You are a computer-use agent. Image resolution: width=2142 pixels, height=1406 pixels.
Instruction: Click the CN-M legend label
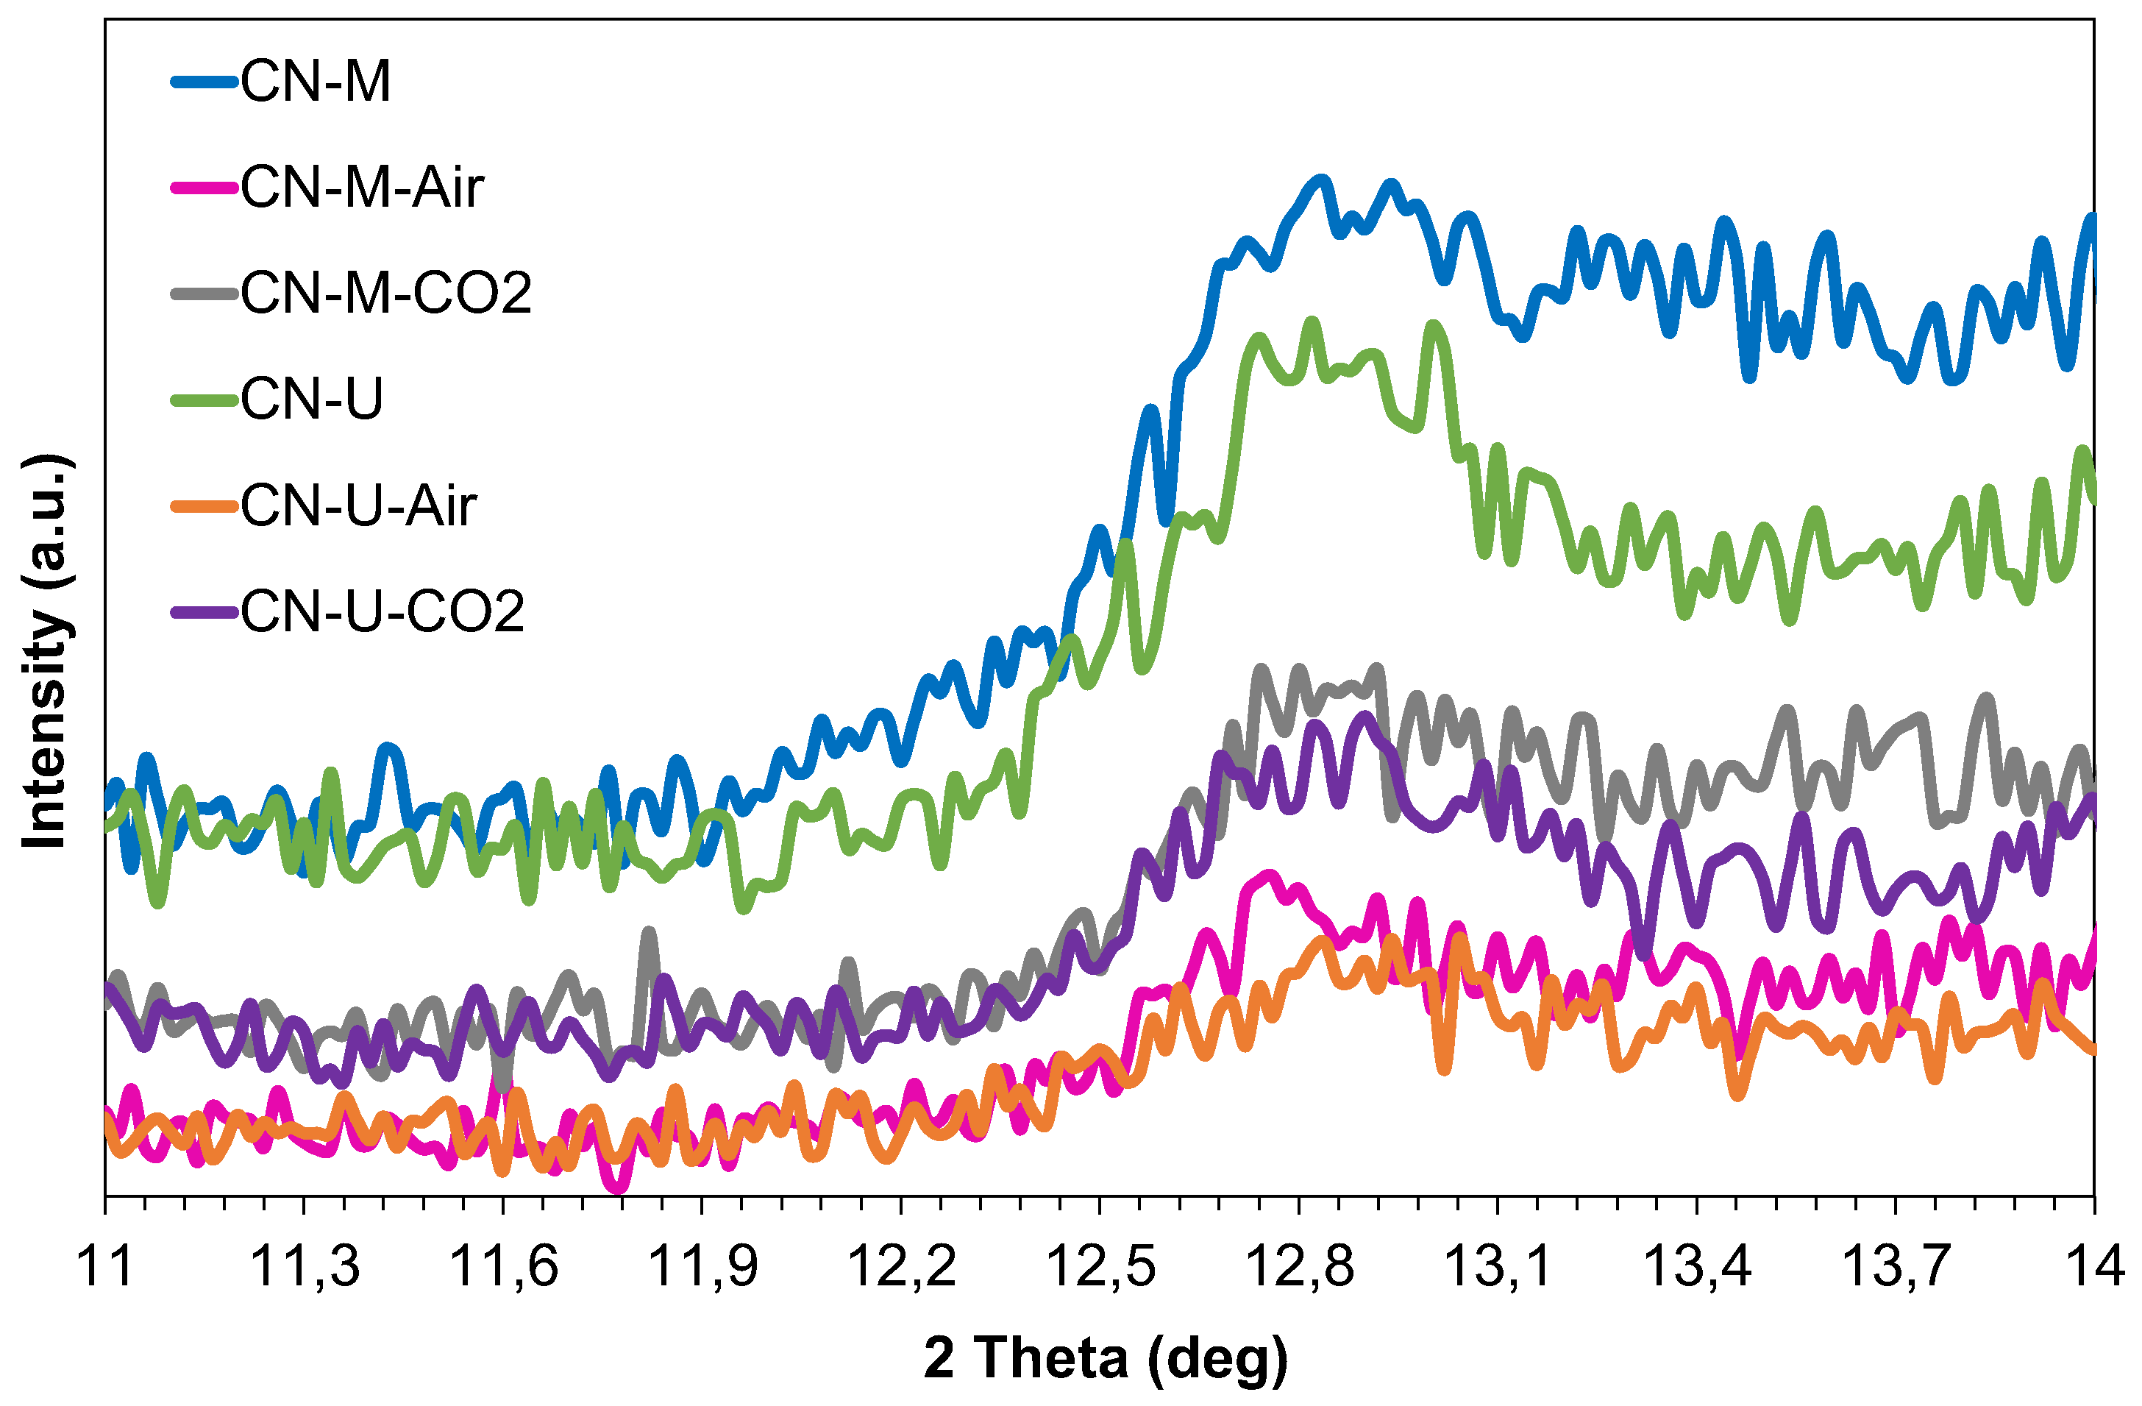(x=315, y=82)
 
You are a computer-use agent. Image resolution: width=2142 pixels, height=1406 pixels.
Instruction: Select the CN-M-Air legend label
(x=362, y=188)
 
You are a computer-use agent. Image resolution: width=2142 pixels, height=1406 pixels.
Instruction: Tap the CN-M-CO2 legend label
(x=386, y=294)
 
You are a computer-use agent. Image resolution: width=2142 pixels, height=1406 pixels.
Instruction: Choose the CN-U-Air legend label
(x=358, y=506)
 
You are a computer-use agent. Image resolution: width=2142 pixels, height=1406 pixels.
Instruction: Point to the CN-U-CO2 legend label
(x=382, y=612)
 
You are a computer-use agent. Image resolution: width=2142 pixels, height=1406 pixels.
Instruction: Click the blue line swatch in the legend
(x=205, y=82)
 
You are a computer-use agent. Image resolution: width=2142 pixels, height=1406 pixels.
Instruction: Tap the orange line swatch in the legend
(x=205, y=506)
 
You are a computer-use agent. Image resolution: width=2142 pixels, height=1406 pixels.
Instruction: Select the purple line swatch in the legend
(x=205, y=612)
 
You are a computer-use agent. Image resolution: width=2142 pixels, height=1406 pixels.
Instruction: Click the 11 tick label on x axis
(x=106, y=1265)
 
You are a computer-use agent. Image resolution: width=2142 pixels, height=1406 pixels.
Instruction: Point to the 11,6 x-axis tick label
(x=503, y=1265)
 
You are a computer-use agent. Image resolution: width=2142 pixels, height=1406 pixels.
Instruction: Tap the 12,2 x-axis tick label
(x=901, y=1265)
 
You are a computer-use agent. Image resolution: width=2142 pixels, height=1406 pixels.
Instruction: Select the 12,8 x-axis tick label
(x=1299, y=1265)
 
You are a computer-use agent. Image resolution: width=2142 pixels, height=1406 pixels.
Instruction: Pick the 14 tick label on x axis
(x=2094, y=1265)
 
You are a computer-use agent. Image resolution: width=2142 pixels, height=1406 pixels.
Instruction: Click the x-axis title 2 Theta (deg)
(x=1105, y=1357)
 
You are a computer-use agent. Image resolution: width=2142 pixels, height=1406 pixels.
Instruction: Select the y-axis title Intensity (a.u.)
(x=45, y=653)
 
